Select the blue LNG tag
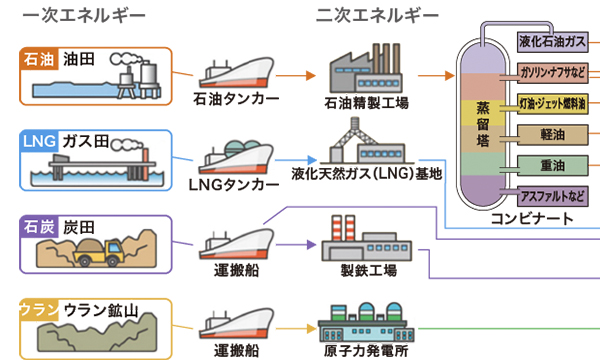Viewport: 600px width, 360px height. (x=39, y=140)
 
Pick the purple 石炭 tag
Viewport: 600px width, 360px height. (x=39, y=224)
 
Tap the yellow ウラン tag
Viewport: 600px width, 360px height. (x=39, y=309)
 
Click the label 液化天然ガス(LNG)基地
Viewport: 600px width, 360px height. (x=366, y=173)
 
